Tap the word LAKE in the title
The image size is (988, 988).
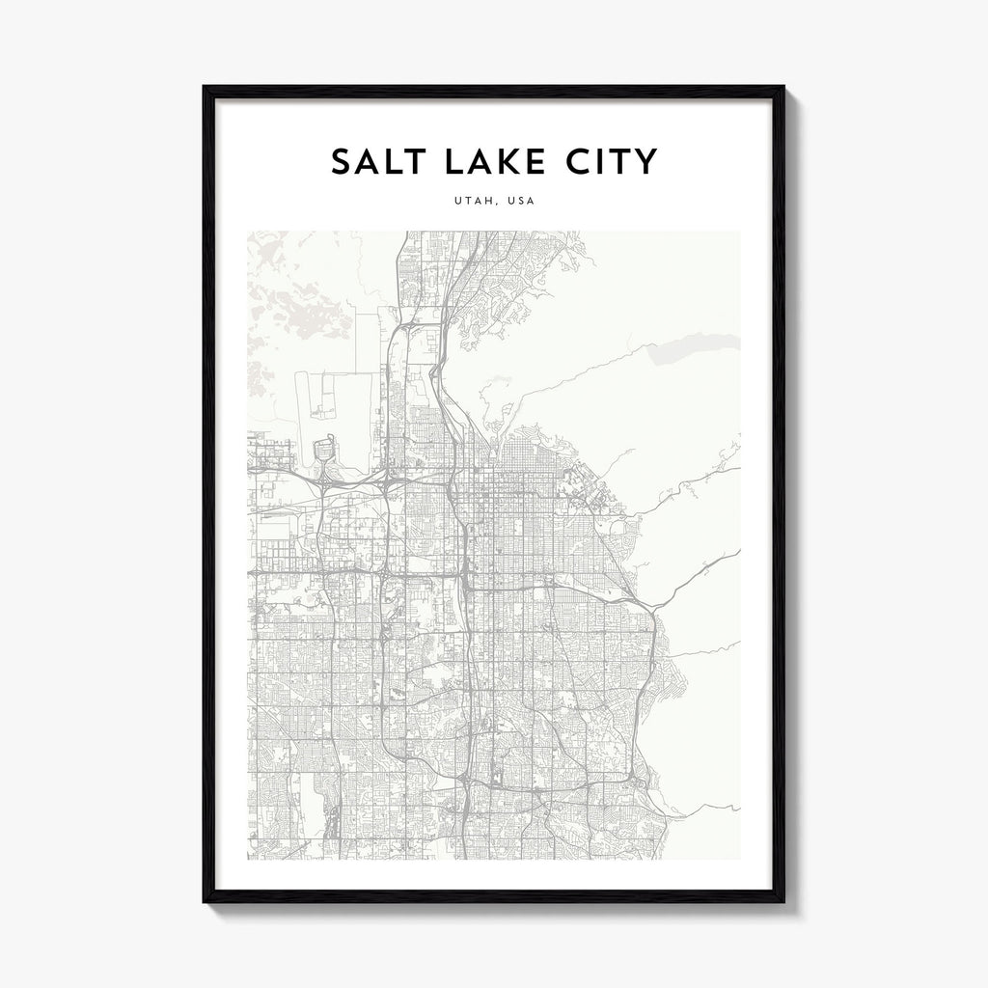487,161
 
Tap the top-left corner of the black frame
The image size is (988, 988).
205,88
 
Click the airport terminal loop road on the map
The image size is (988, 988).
324,450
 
